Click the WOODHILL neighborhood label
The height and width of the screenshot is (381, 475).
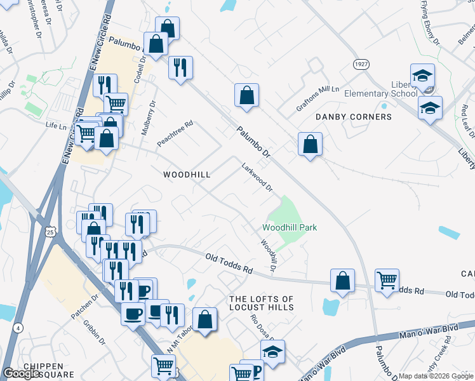187,174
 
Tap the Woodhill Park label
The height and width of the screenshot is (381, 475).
290,228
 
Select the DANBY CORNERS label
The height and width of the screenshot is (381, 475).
354,117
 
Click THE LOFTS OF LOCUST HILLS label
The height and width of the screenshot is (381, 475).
262,303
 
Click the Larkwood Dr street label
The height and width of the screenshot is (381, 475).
257,178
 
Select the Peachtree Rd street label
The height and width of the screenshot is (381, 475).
175,133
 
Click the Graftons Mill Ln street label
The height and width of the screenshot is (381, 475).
318,99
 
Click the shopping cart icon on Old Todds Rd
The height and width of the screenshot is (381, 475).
386,279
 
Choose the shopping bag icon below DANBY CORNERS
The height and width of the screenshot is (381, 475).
310,144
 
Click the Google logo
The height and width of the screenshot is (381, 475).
22,373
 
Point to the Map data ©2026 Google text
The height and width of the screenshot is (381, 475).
436,376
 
